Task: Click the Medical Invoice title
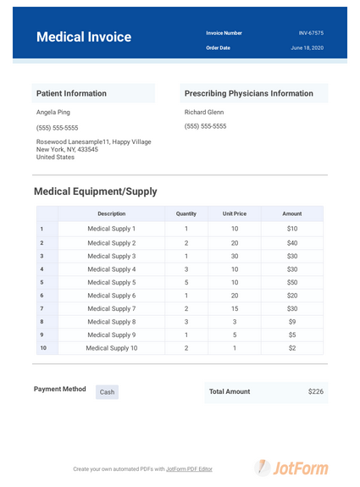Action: (84, 37)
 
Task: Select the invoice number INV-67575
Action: (311, 33)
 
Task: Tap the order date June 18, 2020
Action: (307, 48)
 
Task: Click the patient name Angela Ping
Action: (53, 112)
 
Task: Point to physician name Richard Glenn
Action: (204, 112)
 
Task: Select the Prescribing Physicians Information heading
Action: (248, 93)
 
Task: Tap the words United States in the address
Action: (55, 158)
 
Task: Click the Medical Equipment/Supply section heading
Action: (95, 191)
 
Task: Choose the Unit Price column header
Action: (235, 214)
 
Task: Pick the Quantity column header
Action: (186, 214)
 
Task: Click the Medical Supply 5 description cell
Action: (111, 282)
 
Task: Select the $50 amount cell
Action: (292, 282)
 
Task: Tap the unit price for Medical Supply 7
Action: (235, 309)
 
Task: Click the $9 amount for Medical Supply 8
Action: (292, 322)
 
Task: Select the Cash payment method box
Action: (107, 392)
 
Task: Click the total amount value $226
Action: (315, 391)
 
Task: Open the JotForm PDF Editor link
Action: (189, 468)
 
